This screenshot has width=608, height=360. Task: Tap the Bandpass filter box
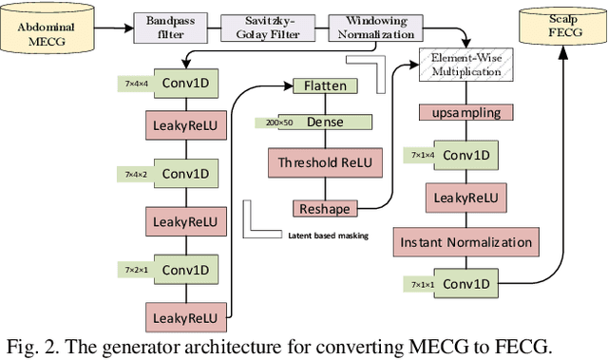pyautogui.click(x=164, y=26)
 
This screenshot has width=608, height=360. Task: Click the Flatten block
pyautogui.click(x=326, y=86)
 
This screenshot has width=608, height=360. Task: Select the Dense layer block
pyautogui.click(x=326, y=123)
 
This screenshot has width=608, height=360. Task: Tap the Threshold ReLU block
pyautogui.click(x=326, y=163)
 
